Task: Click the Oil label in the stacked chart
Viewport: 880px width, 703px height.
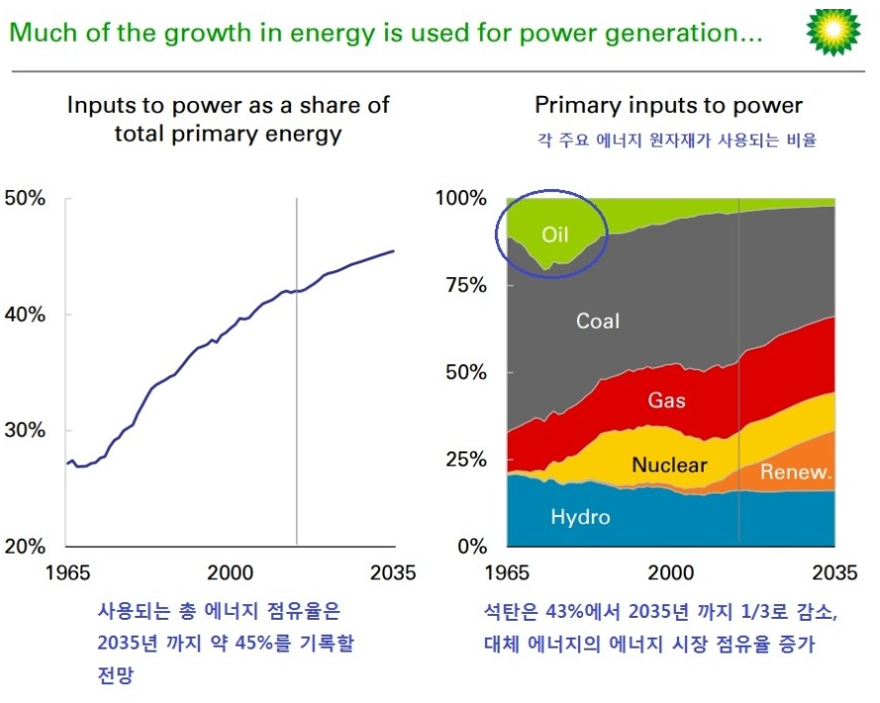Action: point(554,235)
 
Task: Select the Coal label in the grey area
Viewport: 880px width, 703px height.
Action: point(597,320)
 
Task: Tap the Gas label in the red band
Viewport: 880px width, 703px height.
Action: point(666,401)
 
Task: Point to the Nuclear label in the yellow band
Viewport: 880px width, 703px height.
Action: point(669,464)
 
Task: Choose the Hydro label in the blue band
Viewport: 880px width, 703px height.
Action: point(580,517)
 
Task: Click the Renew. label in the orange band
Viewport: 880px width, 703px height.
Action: point(795,471)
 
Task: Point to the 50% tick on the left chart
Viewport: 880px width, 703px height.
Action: point(26,198)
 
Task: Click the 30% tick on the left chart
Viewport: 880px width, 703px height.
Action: point(26,431)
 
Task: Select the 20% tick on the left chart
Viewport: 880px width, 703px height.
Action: point(26,547)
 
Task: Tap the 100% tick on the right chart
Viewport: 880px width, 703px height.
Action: point(461,198)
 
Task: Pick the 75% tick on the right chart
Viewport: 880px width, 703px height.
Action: point(465,285)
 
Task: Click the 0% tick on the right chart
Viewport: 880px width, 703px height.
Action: point(470,547)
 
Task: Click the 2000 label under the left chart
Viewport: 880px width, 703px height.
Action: point(231,572)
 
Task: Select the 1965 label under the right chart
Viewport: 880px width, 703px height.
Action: point(506,572)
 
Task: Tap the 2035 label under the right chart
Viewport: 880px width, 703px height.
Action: point(834,572)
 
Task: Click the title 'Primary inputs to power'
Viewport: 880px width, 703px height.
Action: point(668,105)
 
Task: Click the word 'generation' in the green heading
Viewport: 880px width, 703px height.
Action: point(677,34)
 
